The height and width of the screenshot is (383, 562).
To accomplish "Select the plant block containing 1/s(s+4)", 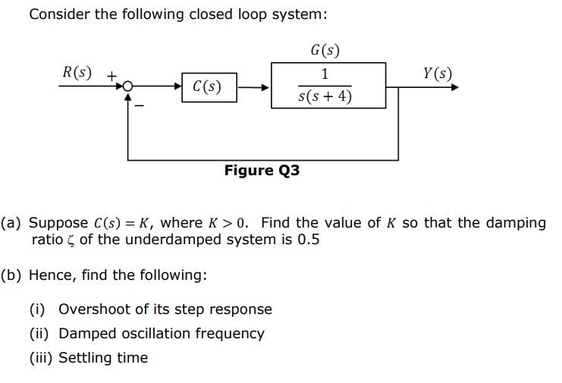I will [328, 86].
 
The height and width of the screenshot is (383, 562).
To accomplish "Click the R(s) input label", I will [77, 73].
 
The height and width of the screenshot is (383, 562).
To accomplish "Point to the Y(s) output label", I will [438, 74].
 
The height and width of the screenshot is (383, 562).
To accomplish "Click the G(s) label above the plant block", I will [325, 51].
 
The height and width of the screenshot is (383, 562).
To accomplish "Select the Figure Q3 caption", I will [262, 171].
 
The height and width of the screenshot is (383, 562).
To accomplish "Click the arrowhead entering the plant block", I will [265, 87].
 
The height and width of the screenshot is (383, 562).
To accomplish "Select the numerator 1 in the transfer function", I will [325, 74].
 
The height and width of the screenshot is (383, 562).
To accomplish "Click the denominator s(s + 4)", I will [325, 97].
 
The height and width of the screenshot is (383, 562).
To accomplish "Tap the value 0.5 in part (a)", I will [309, 240].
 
